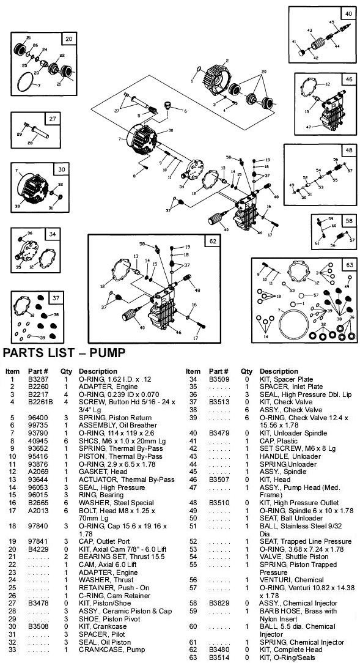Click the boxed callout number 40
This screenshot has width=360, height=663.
coord(348,13)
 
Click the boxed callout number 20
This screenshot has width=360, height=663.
coord(69,39)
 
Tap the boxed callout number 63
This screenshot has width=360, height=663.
coord(349,265)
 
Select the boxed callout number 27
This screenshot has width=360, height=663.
coord(53,119)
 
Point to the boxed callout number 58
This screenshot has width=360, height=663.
coord(348,220)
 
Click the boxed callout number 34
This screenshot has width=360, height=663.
coord(53,234)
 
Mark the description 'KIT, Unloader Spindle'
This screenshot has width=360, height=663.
coord(290,432)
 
